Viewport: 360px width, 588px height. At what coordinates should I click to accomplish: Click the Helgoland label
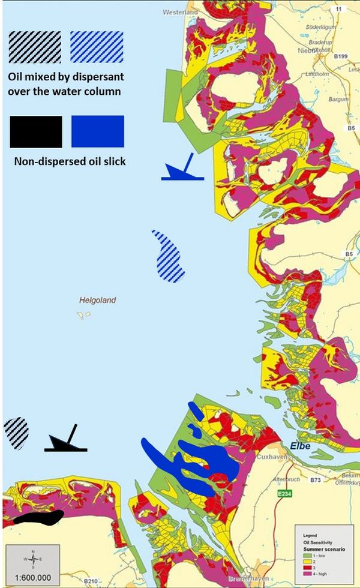[97, 300]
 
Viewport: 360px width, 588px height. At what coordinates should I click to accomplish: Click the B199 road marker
[340, 56]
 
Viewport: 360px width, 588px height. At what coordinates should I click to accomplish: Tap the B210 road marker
[91, 581]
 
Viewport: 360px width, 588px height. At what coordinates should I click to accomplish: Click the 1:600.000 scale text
[32, 578]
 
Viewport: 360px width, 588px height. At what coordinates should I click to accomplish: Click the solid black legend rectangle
[36, 131]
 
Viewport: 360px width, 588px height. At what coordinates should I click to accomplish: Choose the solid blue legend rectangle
[97, 131]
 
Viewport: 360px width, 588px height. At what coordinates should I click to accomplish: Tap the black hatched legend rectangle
[34, 47]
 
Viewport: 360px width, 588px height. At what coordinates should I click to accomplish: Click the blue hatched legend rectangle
[97, 47]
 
